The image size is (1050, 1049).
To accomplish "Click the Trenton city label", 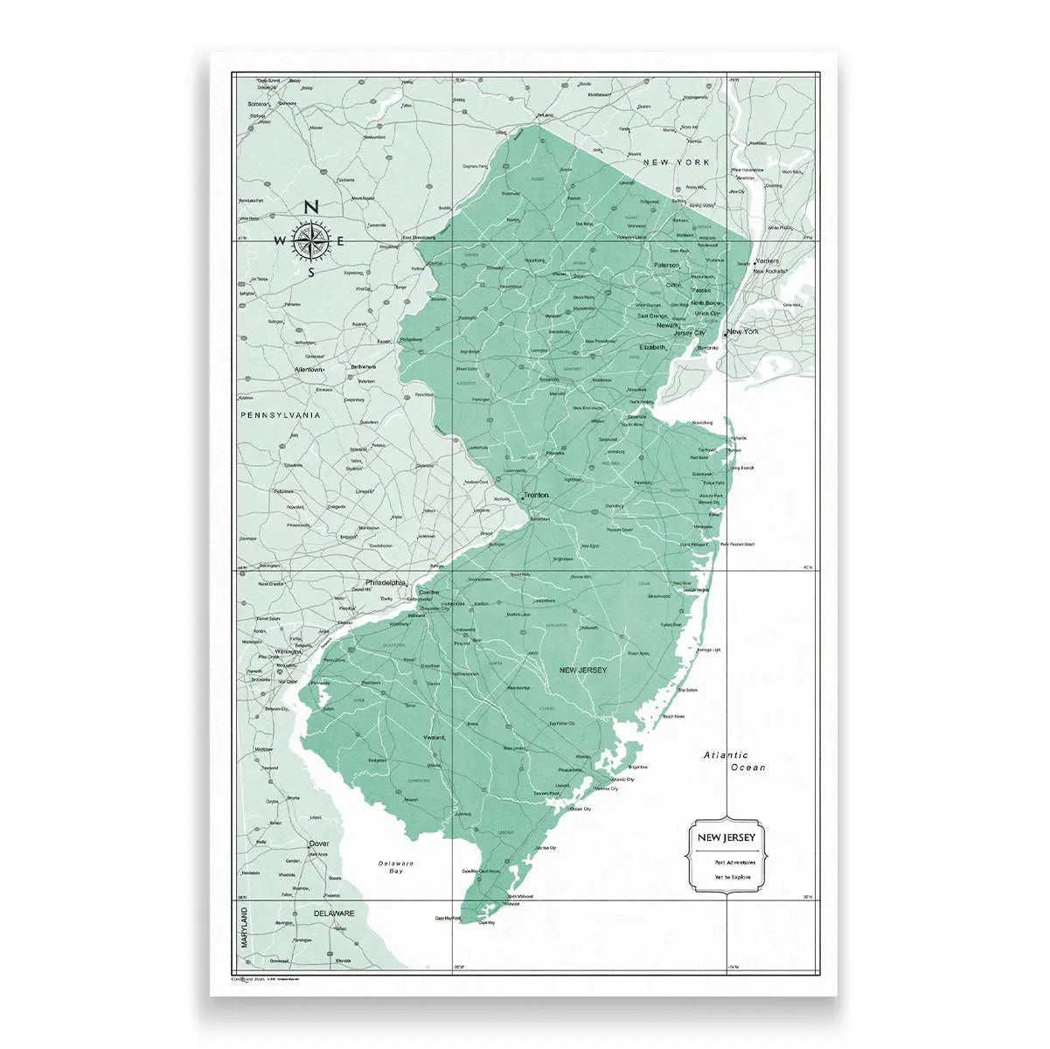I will pos(537,495).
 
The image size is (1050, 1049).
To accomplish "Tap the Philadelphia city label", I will pos(385,582).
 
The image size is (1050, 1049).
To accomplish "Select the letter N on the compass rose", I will pos(310,207).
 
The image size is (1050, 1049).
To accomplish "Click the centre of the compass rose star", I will pos(310,240).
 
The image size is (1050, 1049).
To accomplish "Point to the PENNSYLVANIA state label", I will pos(281,415).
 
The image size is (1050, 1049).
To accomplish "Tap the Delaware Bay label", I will pos(395,867).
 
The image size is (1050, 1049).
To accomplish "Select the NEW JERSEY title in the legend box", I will pos(727,837).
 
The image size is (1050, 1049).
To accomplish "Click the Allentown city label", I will pos(309,370).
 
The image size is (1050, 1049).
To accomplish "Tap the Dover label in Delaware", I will pos(319,844).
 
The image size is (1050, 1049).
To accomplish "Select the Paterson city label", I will pos(666,265).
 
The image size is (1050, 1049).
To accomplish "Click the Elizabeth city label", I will pos(652,347).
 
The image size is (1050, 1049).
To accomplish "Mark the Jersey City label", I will pos(689,333).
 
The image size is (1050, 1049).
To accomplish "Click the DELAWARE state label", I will pos(334,913).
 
